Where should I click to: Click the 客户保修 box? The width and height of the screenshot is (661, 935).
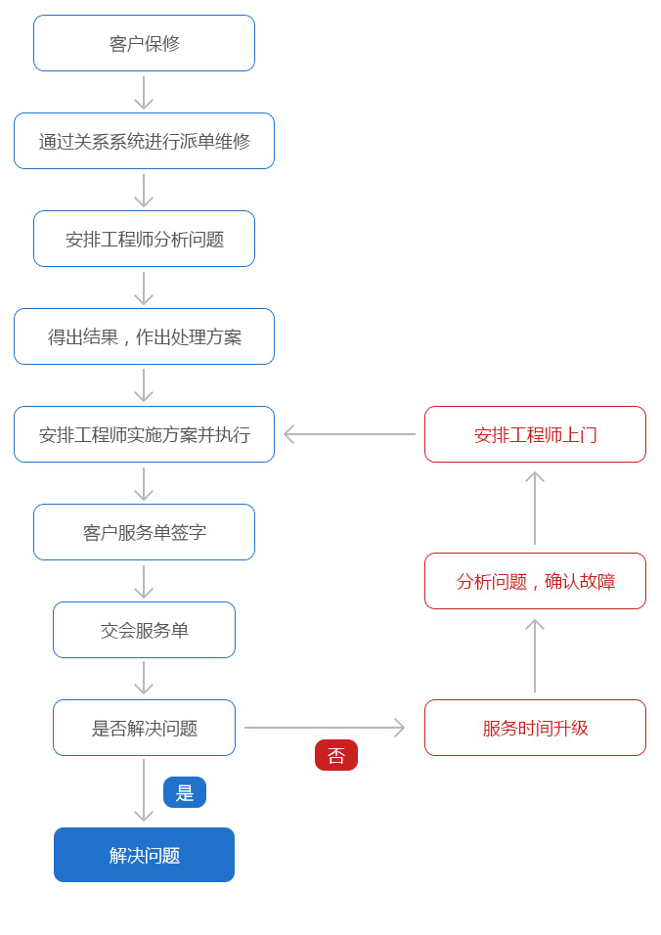[145, 43]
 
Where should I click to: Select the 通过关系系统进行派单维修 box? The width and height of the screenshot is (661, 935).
[145, 141]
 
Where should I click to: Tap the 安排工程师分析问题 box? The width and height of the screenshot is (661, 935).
[145, 239]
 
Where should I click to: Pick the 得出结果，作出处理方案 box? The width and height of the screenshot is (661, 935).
[145, 336]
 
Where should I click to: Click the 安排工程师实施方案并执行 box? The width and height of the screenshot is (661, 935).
[145, 434]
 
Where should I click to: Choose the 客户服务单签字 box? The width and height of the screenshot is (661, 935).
[145, 532]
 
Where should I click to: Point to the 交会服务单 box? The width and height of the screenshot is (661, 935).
[145, 630]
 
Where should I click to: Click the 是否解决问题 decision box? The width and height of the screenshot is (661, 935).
[145, 728]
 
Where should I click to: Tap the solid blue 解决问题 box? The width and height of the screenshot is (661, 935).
[145, 855]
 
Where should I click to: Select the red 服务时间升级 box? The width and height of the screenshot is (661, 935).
[535, 728]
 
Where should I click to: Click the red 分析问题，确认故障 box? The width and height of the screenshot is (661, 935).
[535, 581]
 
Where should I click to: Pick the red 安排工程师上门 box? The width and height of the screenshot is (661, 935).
[535, 434]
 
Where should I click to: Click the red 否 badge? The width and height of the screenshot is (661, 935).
[336, 755]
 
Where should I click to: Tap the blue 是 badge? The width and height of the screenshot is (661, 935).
[185, 792]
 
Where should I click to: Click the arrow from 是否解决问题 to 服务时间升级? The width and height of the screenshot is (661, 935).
[325, 728]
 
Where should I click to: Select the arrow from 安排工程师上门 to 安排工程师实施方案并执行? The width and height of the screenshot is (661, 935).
[349, 434]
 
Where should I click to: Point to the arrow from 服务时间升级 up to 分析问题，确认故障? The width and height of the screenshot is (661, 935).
[535, 655]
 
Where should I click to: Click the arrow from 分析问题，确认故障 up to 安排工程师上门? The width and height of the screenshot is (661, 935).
[535, 508]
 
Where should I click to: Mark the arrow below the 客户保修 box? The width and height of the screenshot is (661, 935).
[144, 93]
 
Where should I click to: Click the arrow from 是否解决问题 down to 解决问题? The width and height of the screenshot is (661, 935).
[144, 790]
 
